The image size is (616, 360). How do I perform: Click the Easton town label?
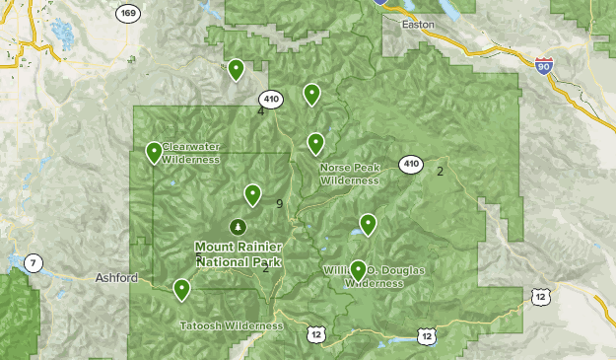421,28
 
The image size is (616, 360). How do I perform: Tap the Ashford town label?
118,278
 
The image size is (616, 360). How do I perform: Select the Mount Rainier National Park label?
239,254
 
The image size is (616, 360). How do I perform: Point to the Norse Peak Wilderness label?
349,174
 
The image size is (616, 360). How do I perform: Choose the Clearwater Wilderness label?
191,153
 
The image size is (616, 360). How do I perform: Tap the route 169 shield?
126,14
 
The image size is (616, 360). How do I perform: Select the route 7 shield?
34,262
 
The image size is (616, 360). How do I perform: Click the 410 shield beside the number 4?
271,100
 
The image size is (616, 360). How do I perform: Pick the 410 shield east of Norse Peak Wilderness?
410,164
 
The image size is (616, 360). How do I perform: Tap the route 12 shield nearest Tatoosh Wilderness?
315,335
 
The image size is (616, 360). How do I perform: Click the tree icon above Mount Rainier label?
238,227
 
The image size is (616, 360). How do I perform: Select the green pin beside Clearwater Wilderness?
154,153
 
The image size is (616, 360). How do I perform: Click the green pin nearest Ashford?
181,289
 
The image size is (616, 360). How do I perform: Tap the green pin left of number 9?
252,195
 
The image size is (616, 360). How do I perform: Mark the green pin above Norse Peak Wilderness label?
315,144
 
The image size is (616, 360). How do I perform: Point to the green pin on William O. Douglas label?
359,269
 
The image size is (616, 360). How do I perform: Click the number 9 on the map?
280,204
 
